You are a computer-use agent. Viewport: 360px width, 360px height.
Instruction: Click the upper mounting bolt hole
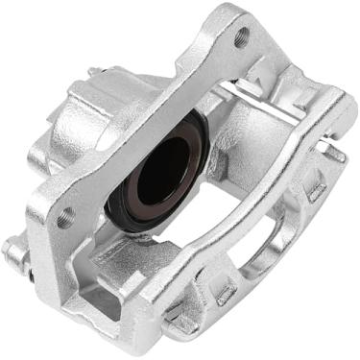241,37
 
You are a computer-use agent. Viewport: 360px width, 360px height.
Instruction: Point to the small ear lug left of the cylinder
36,154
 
